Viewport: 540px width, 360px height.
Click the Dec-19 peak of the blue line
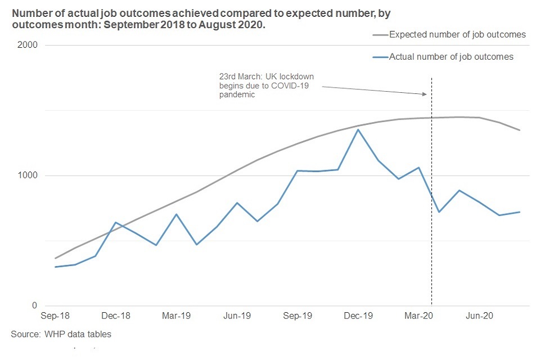coord(358,130)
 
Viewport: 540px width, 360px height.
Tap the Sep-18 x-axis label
coord(55,316)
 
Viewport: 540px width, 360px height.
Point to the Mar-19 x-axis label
coord(176,316)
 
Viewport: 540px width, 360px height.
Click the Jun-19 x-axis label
coord(237,316)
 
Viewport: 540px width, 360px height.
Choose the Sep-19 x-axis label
coord(297,316)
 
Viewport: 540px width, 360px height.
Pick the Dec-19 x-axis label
coord(358,316)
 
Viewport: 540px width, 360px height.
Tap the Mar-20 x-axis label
coord(418,316)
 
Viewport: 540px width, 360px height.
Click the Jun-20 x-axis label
coord(479,316)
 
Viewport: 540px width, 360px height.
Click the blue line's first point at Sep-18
coord(55,267)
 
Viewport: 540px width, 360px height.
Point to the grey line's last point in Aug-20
coord(520,130)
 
